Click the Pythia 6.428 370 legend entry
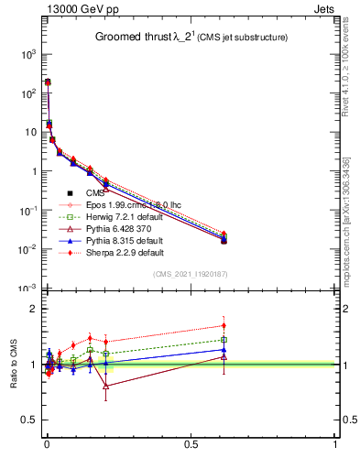coord(115,229)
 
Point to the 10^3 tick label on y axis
coord(27,55)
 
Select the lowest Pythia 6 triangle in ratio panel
coord(106,386)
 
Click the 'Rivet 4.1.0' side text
coord(347,64)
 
